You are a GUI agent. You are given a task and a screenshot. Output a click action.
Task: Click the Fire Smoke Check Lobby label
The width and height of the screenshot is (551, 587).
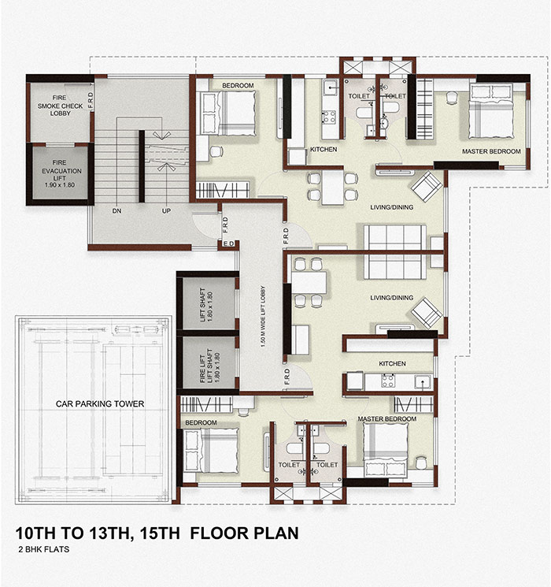60,106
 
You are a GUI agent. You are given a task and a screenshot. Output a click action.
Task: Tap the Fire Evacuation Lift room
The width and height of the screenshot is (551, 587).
60,173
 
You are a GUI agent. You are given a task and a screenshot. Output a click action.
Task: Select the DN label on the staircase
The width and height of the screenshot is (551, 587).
116,211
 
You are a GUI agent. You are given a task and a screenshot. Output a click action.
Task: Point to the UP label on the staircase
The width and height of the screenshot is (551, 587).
166,211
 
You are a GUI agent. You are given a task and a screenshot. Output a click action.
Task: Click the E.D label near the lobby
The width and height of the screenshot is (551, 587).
228,243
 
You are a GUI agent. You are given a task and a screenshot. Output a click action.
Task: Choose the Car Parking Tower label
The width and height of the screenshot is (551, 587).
100,404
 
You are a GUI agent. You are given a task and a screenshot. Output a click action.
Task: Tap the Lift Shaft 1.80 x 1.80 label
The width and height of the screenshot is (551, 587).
205,304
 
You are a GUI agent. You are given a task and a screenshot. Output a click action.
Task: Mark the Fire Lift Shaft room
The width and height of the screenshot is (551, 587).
209,362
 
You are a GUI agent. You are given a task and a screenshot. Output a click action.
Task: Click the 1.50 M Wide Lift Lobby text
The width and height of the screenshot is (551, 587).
263,317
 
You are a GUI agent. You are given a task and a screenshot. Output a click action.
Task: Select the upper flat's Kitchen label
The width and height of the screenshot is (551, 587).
324,150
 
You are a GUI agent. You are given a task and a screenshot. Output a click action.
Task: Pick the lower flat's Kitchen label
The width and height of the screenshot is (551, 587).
392,363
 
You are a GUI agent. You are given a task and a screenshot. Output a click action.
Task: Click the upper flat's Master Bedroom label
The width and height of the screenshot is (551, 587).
491,151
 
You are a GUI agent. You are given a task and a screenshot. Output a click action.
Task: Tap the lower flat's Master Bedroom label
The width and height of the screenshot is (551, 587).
387,419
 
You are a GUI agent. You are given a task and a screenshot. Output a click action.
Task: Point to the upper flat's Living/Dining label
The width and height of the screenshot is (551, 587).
392,207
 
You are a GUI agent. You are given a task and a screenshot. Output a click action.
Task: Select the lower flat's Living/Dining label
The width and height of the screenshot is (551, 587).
392,298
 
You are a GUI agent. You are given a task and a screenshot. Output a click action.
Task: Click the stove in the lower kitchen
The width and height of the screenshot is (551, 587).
387,381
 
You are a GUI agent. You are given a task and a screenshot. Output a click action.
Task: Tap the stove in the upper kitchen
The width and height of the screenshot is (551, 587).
329,117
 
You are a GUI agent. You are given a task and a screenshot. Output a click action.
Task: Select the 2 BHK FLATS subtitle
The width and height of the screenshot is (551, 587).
44,549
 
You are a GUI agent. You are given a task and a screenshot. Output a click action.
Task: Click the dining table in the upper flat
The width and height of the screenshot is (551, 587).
332,187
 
